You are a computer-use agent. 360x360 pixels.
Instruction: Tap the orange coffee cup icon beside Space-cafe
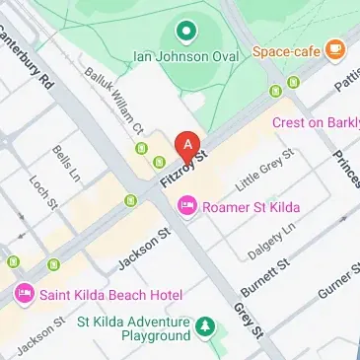pos(336,47)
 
